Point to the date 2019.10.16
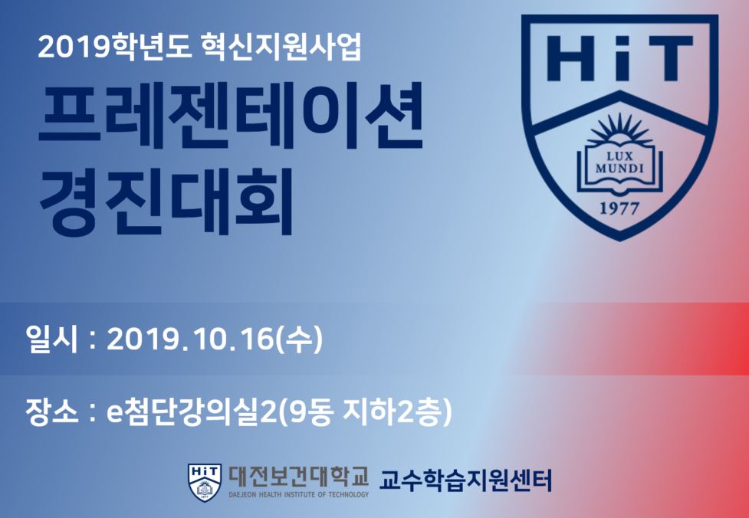click(x=189, y=341)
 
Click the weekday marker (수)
click(x=298, y=341)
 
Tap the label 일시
click(x=53, y=341)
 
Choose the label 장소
click(x=53, y=412)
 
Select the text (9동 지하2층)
click(x=366, y=412)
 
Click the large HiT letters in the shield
click(x=619, y=57)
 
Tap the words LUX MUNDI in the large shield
click(x=619, y=162)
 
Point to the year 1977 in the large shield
click(x=619, y=208)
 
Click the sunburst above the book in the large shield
click(x=619, y=130)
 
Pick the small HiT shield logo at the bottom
click(x=205, y=482)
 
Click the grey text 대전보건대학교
click(x=298, y=477)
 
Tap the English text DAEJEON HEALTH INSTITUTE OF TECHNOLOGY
click(x=298, y=495)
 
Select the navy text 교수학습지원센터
click(x=466, y=480)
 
